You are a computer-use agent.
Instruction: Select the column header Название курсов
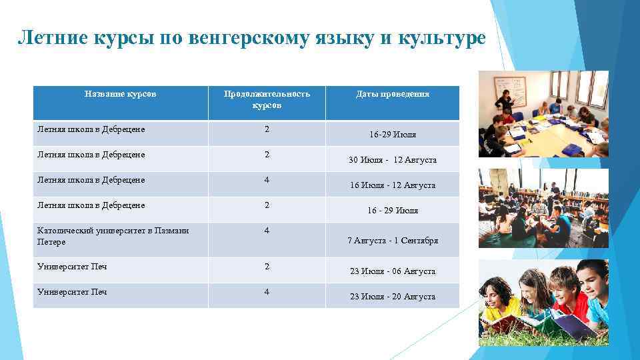pyautogui.click(x=121, y=94)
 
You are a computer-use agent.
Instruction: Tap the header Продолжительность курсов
pyautogui.click(x=267, y=99)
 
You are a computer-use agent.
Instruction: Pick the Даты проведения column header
pyautogui.click(x=392, y=94)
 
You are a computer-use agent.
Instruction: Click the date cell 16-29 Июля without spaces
pyautogui.click(x=392, y=135)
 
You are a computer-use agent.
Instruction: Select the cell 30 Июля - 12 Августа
pyautogui.click(x=392, y=160)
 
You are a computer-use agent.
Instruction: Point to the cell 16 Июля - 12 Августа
pyautogui.click(x=392, y=185)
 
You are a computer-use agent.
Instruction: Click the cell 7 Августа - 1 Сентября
pyautogui.click(x=392, y=241)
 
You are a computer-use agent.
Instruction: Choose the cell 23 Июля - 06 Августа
pyautogui.click(x=392, y=271)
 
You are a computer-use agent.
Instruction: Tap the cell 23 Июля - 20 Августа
pyautogui.click(x=392, y=297)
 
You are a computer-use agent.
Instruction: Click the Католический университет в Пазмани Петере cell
pyautogui.click(x=113, y=236)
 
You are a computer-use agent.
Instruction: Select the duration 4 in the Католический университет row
pyautogui.click(x=267, y=231)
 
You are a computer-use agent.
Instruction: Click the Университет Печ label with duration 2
pyautogui.click(x=72, y=267)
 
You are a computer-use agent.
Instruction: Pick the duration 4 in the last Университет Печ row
pyautogui.click(x=267, y=292)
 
